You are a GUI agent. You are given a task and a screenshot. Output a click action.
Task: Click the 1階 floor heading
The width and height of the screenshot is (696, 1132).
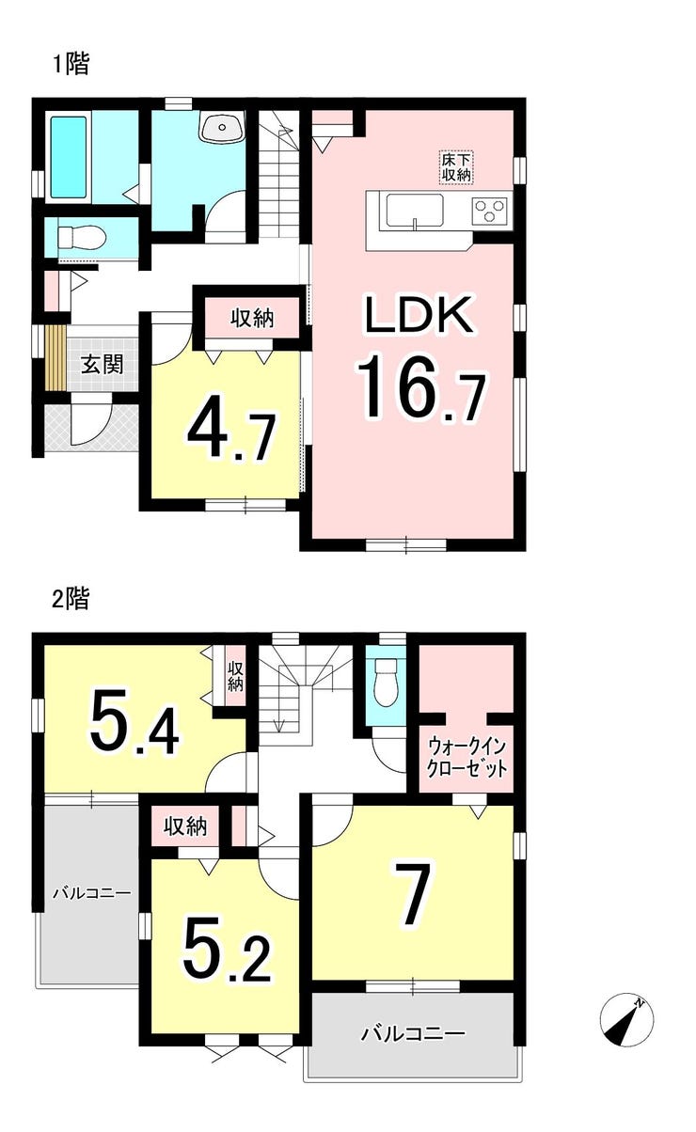click(x=71, y=65)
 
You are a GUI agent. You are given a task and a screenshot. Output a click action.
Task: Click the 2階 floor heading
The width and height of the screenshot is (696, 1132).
click(x=71, y=598)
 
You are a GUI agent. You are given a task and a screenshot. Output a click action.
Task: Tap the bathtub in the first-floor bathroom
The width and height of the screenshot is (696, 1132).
click(x=69, y=157)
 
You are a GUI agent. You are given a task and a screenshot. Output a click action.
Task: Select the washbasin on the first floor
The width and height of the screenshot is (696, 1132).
click(x=221, y=127)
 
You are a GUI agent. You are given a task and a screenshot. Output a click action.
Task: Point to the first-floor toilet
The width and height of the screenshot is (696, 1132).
click(x=81, y=237)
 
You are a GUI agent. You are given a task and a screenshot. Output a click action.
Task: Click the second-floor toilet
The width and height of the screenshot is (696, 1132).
click(x=387, y=684)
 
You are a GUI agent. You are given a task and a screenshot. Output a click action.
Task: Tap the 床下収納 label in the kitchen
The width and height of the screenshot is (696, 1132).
click(x=456, y=167)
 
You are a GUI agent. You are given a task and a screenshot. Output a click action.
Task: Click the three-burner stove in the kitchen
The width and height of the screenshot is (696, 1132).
click(x=490, y=210)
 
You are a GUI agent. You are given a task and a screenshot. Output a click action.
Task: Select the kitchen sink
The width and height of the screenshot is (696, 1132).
click(x=415, y=212)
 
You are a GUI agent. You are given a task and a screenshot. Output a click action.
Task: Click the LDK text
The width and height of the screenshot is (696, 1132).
click(x=419, y=314)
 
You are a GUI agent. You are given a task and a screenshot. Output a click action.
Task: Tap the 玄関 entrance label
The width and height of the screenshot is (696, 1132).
click(x=103, y=364)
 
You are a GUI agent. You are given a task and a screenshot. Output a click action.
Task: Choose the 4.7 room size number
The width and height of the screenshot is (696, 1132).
click(x=231, y=435)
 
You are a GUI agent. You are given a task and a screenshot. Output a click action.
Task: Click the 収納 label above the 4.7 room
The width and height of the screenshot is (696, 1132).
click(x=252, y=319)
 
